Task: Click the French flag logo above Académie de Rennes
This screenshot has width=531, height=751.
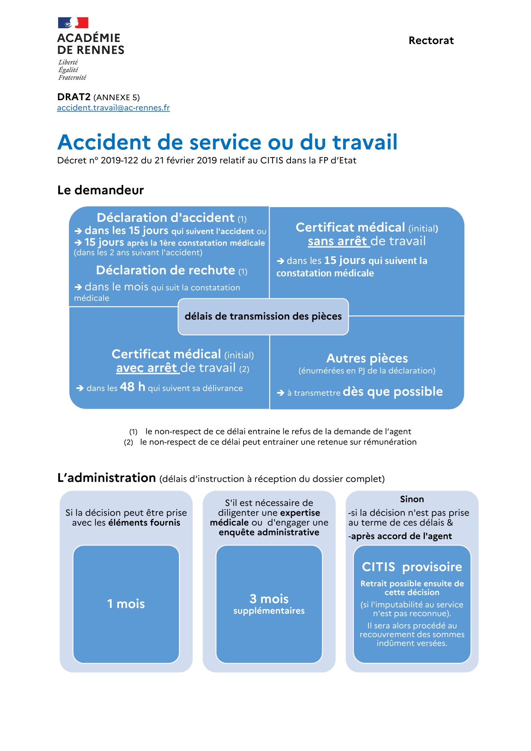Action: (x=73, y=23)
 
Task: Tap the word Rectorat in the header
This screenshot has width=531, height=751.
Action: (x=431, y=41)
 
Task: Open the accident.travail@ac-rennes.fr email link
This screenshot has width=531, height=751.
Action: (x=113, y=108)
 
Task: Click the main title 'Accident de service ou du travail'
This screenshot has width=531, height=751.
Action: (x=227, y=142)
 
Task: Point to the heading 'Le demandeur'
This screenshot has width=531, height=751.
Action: (x=101, y=190)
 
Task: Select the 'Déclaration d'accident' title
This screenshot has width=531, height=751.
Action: (x=166, y=218)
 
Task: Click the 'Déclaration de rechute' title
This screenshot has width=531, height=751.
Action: (x=166, y=270)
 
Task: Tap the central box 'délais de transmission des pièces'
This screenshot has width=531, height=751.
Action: (x=263, y=316)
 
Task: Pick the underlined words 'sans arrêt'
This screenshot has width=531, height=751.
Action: (x=338, y=241)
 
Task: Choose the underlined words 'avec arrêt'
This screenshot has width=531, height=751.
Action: (x=146, y=368)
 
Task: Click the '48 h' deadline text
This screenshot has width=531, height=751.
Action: (x=133, y=387)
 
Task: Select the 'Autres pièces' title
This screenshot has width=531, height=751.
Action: (x=367, y=358)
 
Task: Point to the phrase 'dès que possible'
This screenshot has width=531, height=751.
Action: (x=393, y=392)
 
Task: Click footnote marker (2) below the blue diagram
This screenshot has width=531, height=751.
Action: (x=128, y=442)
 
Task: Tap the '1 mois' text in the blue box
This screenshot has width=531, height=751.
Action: (x=126, y=604)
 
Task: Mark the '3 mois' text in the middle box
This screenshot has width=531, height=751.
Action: (x=269, y=599)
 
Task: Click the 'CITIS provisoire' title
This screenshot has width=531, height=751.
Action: (x=412, y=567)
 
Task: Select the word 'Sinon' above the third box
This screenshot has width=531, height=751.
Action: (x=412, y=499)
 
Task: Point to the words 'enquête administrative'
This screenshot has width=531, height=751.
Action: (x=269, y=532)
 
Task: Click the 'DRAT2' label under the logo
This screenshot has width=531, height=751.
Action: (x=74, y=97)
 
